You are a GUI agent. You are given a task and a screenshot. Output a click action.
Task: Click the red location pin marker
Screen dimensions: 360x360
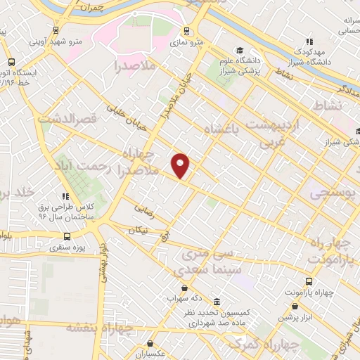coord(181,165)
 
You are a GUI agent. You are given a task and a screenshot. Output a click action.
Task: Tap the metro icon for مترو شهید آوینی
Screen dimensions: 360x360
coord(56,30)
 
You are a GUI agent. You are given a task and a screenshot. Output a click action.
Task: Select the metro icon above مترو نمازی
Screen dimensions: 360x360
coord(186,31)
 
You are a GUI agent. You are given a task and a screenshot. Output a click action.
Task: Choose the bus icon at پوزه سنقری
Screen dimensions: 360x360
coord(67,236)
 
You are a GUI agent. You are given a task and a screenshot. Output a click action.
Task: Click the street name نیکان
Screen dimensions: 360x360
coord(140,229)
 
